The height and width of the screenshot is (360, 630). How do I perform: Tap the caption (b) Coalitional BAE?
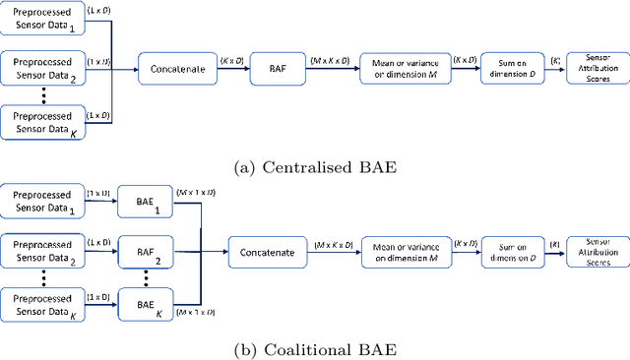[314, 348]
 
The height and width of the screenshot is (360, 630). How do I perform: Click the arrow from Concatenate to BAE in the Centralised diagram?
[232, 70]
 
